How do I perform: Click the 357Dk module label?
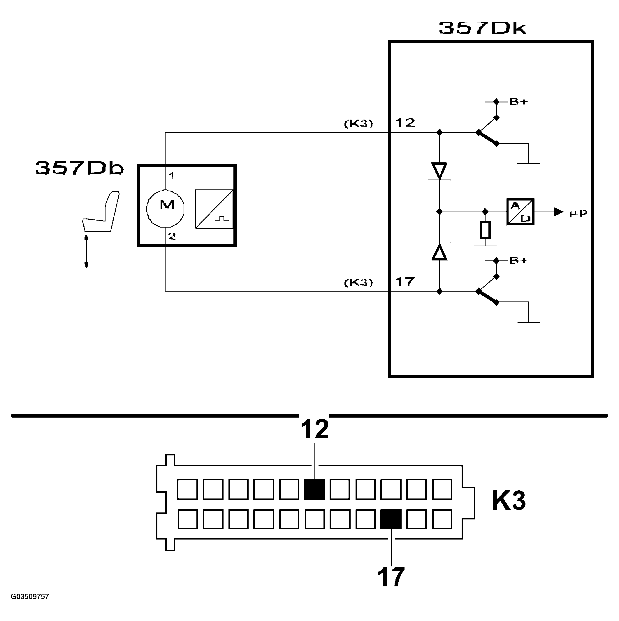[x=483, y=28]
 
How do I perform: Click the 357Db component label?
[x=80, y=168]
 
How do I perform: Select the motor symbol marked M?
[x=165, y=209]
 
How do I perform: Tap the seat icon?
[x=101, y=212]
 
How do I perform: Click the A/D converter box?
[x=520, y=212]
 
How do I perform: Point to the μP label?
[x=578, y=213]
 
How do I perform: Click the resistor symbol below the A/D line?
[x=485, y=230]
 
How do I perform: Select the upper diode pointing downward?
[x=439, y=171]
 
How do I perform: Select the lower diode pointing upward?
[x=439, y=251]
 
